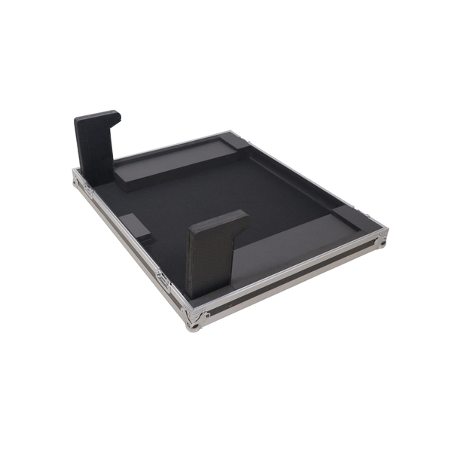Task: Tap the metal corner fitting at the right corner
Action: (x=382, y=240)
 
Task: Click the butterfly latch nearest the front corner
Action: (x=163, y=279)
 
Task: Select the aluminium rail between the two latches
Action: (x=124, y=234)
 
